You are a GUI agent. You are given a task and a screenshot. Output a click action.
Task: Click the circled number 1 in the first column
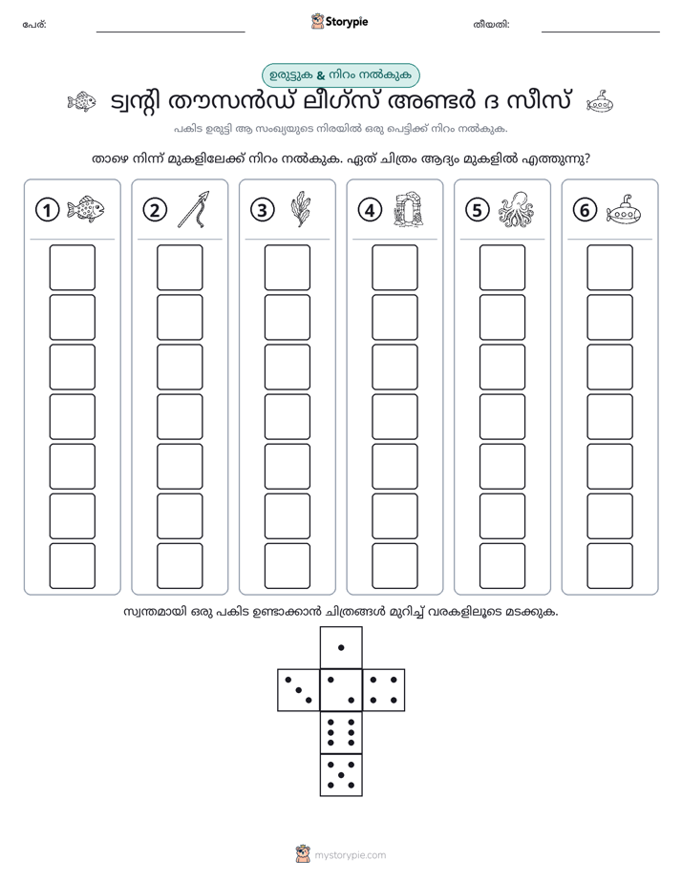click(x=47, y=210)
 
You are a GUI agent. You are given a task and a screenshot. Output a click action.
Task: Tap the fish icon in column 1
click(x=86, y=209)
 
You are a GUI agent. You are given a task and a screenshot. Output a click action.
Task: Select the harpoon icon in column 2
click(x=194, y=209)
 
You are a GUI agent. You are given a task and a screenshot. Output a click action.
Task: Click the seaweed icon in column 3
click(x=301, y=209)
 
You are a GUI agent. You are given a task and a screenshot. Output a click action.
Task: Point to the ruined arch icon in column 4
click(x=409, y=209)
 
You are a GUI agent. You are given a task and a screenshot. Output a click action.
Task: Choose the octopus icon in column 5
click(x=516, y=209)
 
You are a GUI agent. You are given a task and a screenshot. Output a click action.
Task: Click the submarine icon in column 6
click(x=624, y=210)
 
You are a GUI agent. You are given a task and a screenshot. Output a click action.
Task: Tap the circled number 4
click(x=370, y=210)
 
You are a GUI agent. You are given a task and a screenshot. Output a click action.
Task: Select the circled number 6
click(x=585, y=210)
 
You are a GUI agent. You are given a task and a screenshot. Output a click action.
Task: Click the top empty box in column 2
click(x=180, y=267)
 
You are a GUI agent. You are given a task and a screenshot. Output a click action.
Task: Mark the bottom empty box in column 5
click(x=501, y=566)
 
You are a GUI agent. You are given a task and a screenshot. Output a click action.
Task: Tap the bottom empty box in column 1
click(x=72, y=566)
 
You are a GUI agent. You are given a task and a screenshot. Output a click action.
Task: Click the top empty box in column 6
click(x=609, y=267)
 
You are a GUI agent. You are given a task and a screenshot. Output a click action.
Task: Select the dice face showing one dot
click(x=341, y=647)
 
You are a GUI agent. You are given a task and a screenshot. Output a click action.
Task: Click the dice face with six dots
click(x=341, y=732)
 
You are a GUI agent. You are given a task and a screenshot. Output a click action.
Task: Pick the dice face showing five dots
click(x=341, y=775)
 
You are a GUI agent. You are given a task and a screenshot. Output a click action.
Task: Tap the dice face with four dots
click(x=384, y=690)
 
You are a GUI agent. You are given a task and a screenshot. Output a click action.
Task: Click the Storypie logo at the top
click(x=339, y=22)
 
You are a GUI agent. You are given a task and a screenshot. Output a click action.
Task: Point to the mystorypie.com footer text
click(x=350, y=855)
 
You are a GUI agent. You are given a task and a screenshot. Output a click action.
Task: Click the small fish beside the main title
click(x=81, y=102)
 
